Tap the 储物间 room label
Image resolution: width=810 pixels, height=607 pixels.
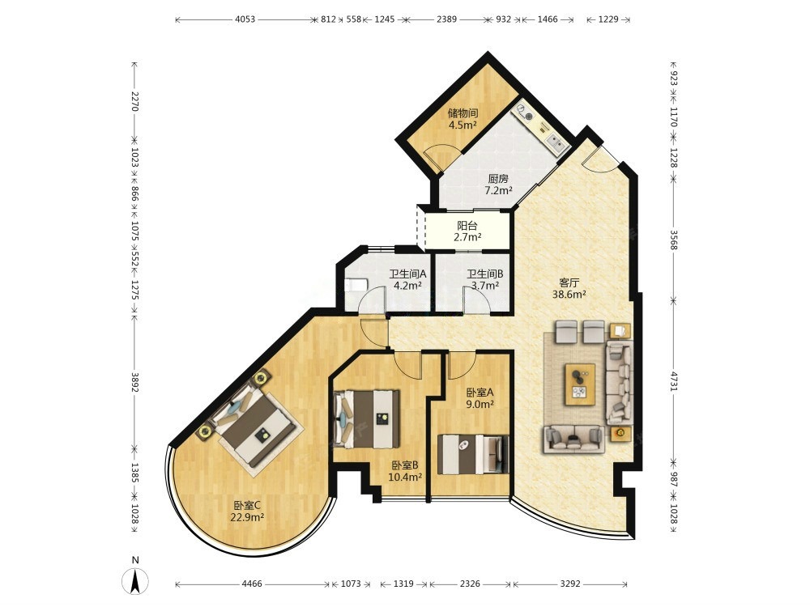point(463,112)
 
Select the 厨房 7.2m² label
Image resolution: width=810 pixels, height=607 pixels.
point(498,185)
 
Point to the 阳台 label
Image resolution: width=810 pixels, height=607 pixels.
point(467,226)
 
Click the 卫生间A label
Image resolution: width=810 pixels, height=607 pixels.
point(407,274)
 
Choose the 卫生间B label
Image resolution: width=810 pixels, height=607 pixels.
point(485,274)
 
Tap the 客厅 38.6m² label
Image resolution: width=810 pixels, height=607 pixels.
point(569,289)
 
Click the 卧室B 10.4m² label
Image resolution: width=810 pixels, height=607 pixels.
point(405,471)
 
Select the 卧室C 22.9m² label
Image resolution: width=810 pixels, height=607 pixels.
point(248,511)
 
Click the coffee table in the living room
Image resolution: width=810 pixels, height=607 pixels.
point(580,384)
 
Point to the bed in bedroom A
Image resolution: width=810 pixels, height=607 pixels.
point(473,454)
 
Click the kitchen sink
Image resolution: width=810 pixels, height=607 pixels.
point(556,142)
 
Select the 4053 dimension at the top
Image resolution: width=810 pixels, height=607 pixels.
point(245,19)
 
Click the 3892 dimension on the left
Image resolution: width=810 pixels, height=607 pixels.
point(134,383)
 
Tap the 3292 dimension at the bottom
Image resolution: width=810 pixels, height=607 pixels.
point(570,584)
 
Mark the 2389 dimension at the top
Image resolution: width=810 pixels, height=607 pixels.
point(447,19)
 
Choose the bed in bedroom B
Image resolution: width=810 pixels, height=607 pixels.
point(367,418)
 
